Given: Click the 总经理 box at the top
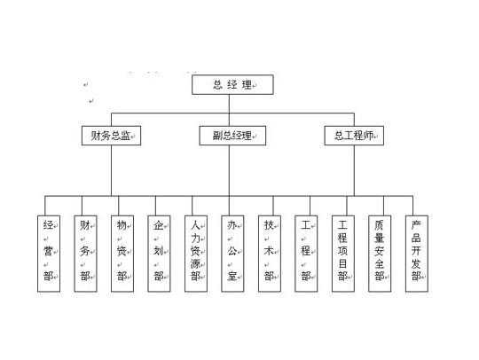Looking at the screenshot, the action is click(232, 84).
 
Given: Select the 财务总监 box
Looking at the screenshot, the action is click(111, 136).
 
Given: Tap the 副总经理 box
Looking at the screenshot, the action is click(232, 136).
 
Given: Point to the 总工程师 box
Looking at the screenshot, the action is click(354, 136).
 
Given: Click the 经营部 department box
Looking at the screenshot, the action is click(49, 254).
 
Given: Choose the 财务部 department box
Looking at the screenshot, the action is click(85, 254).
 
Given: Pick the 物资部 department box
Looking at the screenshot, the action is click(122, 254).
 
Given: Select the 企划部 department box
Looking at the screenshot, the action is click(159, 254).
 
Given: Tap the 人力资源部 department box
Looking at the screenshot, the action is click(196, 254).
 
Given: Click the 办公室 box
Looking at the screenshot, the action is click(232, 254).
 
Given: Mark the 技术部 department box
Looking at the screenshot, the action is click(270, 254).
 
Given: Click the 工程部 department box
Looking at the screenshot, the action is click(306, 254).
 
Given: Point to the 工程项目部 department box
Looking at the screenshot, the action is click(343, 254).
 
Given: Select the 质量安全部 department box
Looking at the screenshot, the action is click(380, 254).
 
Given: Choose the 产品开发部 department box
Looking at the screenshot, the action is click(417, 254).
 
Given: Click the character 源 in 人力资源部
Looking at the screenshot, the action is click(195, 263).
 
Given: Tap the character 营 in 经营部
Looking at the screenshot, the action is click(48, 251).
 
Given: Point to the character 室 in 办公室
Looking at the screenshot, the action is click(232, 276).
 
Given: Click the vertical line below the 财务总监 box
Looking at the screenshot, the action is click(111, 170).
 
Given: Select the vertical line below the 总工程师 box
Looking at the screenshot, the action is click(354, 170).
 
